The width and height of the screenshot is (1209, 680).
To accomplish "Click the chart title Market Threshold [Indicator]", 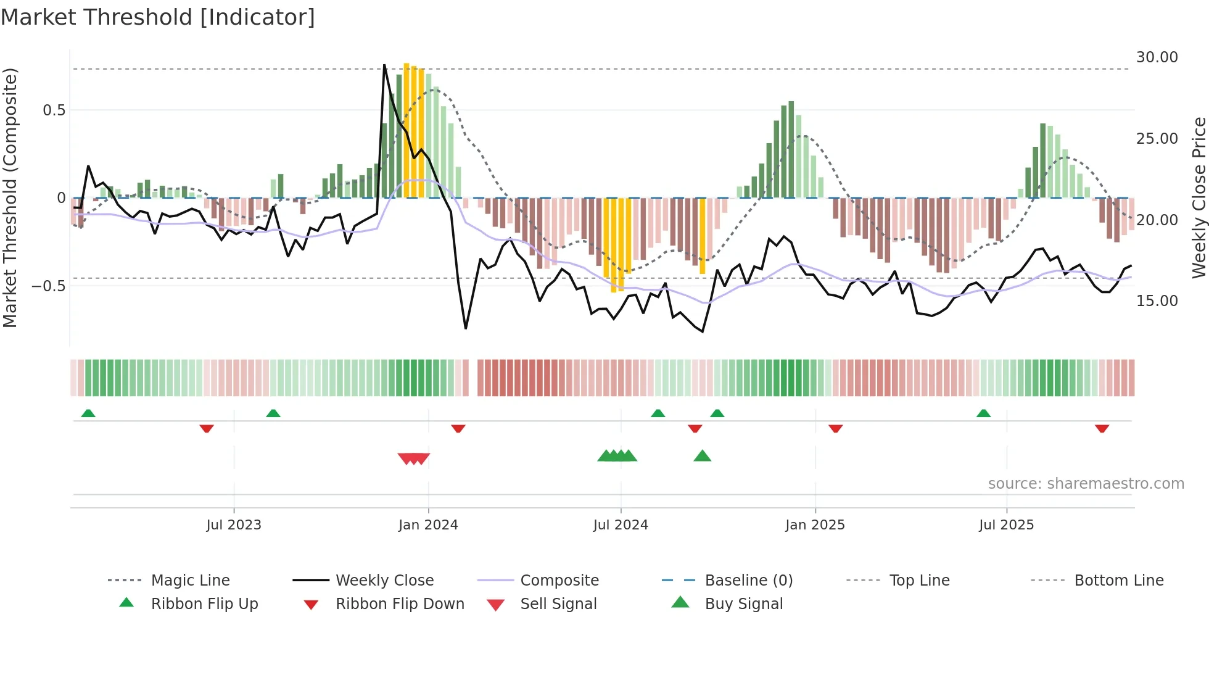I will click(158, 17).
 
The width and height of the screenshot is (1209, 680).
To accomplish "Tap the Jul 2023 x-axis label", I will click(234, 525).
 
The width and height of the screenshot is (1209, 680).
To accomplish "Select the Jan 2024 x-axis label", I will click(428, 525).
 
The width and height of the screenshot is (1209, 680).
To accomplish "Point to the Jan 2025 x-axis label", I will click(815, 525).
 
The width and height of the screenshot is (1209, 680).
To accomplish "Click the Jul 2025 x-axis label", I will click(1006, 525).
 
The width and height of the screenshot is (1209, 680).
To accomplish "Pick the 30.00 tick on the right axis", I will click(1157, 57).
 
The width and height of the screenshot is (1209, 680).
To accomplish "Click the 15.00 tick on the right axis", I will click(1157, 301).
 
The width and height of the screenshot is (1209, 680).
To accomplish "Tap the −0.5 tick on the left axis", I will click(48, 286).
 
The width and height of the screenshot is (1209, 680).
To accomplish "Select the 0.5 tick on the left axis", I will click(54, 110).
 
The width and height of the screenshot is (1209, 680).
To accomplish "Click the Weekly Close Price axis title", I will click(1199, 197).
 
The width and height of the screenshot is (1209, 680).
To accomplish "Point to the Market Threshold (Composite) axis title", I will click(10, 197).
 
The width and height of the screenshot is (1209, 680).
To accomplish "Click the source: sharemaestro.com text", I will click(1086, 484).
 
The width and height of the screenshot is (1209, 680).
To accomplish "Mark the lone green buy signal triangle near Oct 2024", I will click(702, 457).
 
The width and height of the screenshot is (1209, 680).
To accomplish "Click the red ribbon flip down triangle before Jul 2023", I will click(207, 428).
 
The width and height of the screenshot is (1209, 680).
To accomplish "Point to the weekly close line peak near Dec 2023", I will click(384, 65).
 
